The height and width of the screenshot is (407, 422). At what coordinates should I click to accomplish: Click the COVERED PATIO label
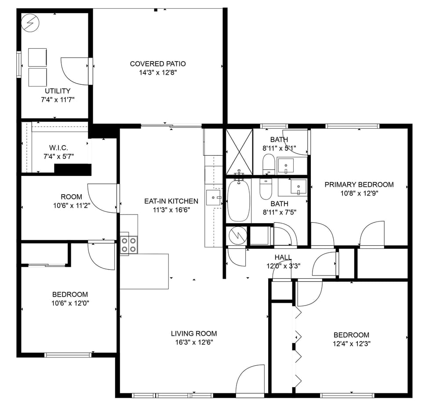158,64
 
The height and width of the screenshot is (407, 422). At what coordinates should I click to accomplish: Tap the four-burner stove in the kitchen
128,244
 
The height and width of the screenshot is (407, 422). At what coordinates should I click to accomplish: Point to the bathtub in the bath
238,200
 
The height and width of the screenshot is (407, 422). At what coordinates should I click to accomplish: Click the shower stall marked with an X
239,152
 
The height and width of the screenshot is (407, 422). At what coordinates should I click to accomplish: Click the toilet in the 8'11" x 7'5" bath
266,189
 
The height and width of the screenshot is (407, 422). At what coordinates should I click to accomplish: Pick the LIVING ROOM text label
194,334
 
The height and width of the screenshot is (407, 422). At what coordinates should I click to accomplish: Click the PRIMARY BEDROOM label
359,185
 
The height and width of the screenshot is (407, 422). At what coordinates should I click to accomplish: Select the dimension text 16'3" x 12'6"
194,342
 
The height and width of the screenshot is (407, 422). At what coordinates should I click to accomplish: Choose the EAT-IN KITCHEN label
171,201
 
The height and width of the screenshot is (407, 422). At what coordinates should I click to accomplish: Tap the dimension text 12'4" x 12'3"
351,344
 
